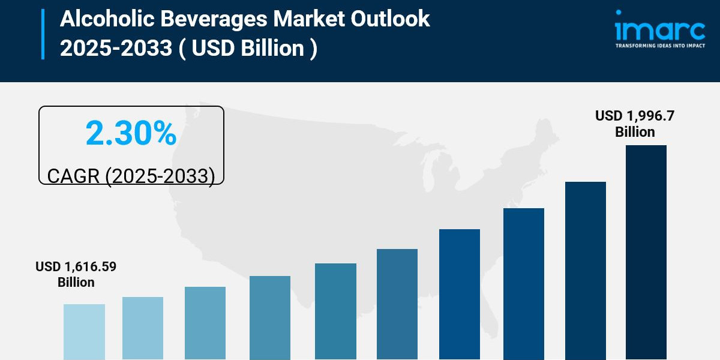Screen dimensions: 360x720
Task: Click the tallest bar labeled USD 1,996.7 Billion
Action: (646, 252)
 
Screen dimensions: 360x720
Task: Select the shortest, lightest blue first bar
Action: (84, 332)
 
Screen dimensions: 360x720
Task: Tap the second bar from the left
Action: (143, 328)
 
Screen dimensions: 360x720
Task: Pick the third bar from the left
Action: (205, 323)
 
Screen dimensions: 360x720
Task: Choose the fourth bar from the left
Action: (270, 317)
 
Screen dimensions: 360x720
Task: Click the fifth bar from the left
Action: (335, 311)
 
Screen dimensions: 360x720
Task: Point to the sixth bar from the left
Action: (397, 304)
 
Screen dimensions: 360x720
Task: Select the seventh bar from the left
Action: (460, 294)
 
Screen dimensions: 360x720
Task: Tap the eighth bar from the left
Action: (524, 284)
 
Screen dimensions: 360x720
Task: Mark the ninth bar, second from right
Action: (586, 271)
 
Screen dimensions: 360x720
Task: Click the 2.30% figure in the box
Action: (131, 133)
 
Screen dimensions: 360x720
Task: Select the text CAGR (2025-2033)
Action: (131, 176)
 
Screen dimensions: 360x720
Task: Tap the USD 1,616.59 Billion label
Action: (76, 274)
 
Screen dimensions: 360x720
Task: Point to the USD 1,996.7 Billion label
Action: (635, 124)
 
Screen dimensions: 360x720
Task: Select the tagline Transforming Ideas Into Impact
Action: (659, 45)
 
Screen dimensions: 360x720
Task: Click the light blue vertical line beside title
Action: (43, 34)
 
